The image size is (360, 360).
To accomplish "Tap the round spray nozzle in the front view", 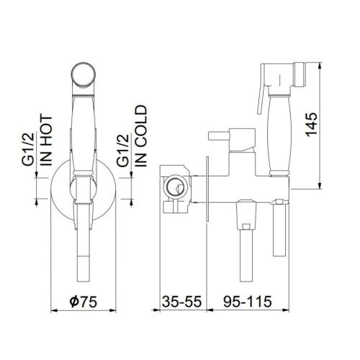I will click(84, 74).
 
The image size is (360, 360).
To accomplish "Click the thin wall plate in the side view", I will click(209, 189).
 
